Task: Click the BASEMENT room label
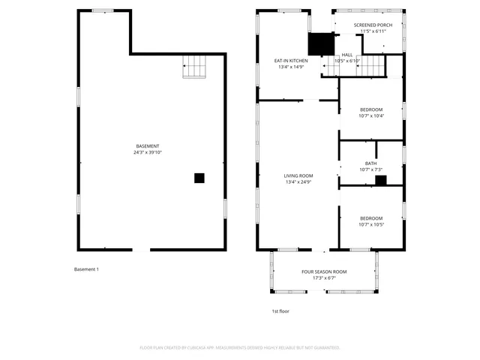pos(147,146)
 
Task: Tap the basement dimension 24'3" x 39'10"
pos(147,152)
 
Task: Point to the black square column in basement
pos(199,178)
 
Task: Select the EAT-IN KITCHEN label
pos(291,61)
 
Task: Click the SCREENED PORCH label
pos(373,25)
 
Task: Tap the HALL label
pos(347,55)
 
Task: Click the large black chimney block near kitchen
pos(322,44)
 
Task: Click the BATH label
pos(371,163)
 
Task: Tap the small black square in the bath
pos(380,180)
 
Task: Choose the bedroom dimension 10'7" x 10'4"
pos(371,115)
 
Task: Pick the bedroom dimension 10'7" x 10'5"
pos(371,224)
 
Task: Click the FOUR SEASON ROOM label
pos(324,271)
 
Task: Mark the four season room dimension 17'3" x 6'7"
pos(324,277)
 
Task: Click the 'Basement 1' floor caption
pos(86,269)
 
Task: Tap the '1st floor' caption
pos(280,310)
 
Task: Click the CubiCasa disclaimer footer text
pos(240,347)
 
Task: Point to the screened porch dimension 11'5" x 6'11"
pos(373,31)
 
